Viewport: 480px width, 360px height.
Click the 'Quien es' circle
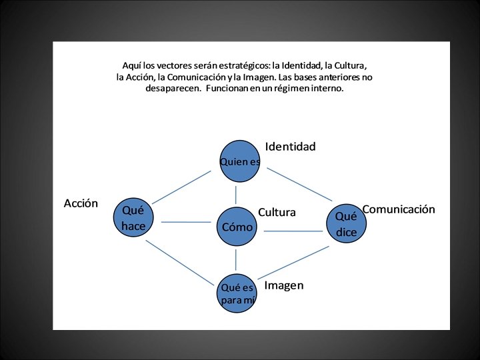pyautogui.click(x=239, y=161)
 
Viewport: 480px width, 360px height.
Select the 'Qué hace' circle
pyautogui.click(x=133, y=218)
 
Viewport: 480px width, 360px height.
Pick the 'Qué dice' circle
pyautogui.click(x=347, y=224)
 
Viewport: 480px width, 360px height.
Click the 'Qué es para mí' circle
pyautogui.click(x=237, y=293)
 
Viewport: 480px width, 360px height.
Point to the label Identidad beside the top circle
pyautogui.click(x=290, y=147)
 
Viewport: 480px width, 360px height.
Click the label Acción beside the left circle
pyautogui.click(x=81, y=203)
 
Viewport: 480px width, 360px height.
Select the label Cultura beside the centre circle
pyautogui.click(x=277, y=213)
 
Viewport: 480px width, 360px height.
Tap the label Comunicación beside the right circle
pyautogui.click(x=399, y=209)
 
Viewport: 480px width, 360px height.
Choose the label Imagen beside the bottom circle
pyautogui.click(x=284, y=286)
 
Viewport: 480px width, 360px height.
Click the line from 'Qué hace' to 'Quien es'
pyautogui.click(x=181, y=186)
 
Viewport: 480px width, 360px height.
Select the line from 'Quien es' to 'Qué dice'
pyautogui.click(x=300, y=184)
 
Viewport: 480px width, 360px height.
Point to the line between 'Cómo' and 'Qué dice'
pyautogui.click(x=293, y=231)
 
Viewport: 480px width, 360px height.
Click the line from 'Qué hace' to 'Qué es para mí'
pyautogui.click(x=178, y=262)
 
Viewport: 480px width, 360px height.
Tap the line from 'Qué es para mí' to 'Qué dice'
pyautogui.click(x=293, y=262)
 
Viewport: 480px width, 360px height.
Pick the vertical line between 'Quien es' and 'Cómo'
pyautogui.click(x=236, y=195)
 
